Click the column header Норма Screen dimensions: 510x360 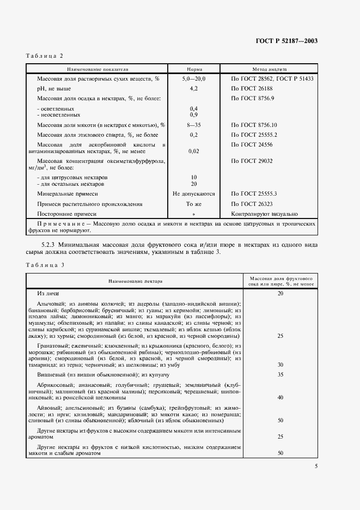coord(194,70)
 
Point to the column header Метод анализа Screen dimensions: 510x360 coord(272,70)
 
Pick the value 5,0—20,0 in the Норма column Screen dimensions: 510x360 coord(194,79)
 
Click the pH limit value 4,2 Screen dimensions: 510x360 coord(194,88)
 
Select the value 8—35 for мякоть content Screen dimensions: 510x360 coord(194,125)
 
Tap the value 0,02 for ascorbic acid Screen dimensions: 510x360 coord(194,151)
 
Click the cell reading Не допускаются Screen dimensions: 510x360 coord(194,193)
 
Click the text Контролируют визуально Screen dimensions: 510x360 coord(265,214)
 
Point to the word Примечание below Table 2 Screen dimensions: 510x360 coord(58,224)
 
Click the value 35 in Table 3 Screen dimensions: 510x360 coord(280,375)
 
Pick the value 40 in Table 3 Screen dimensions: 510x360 coord(280,398)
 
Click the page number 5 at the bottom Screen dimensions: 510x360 coord(316,466)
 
